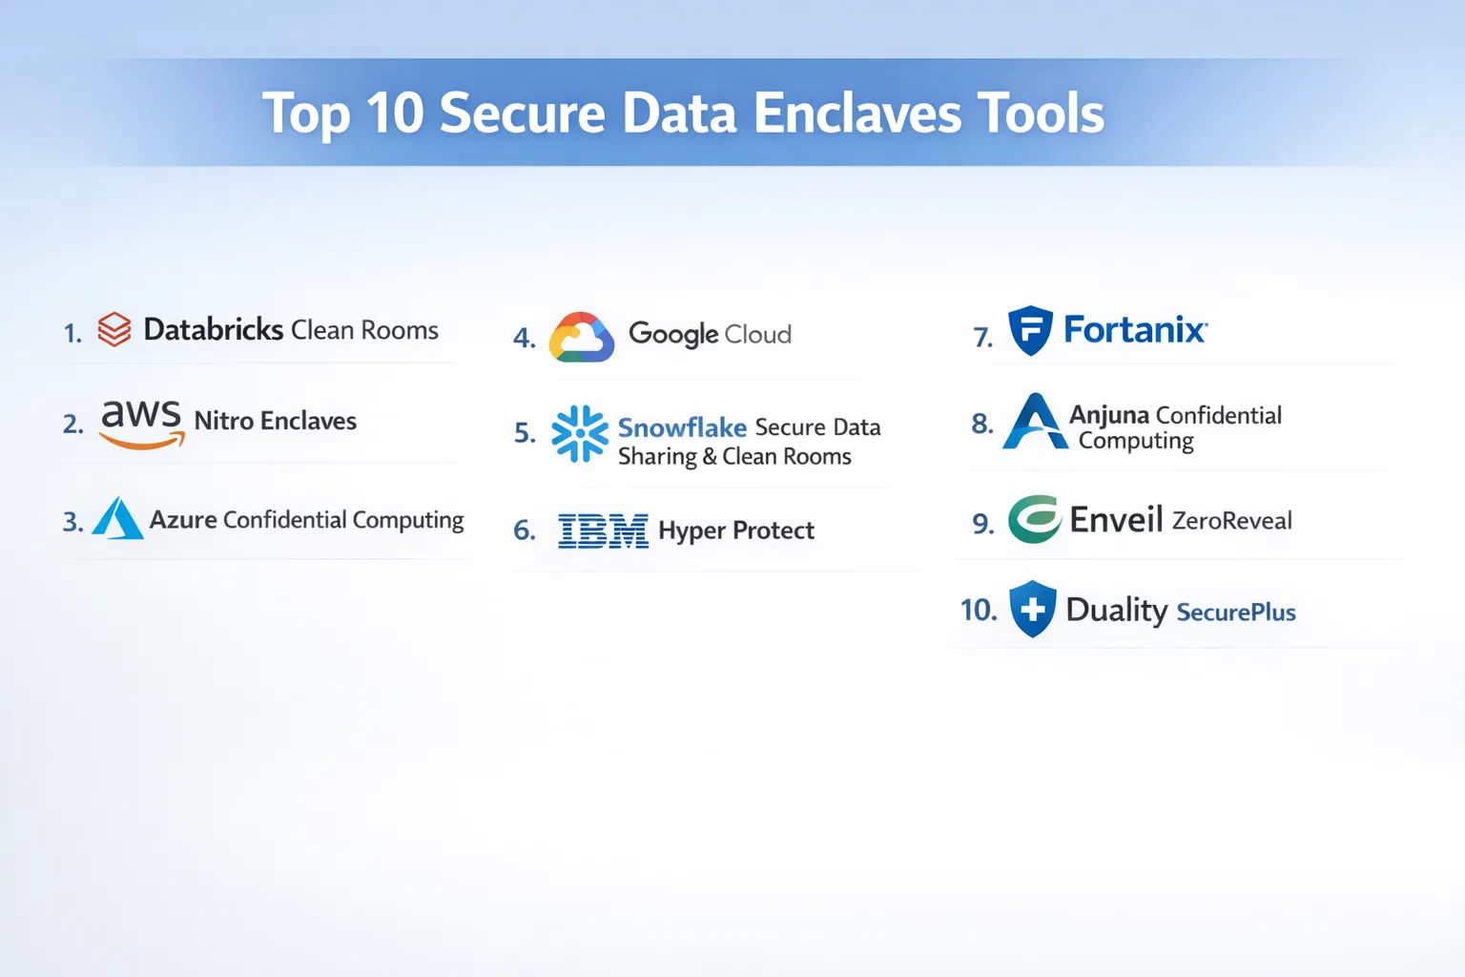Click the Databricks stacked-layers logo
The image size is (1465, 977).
click(114, 329)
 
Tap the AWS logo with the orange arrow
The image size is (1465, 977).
click(141, 424)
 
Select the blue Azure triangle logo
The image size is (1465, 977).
click(117, 518)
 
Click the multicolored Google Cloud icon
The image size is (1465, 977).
click(582, 337)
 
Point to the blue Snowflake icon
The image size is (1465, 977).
click(580, 434)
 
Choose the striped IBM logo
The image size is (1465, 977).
click(603, 530)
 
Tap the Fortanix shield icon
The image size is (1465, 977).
click(1031, 330)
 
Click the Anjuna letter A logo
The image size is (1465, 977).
click(1035, 421)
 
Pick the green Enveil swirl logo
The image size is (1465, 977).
click(1034, 520)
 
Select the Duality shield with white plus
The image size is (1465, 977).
click(1033, 609)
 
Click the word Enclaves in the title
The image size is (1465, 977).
click(857, 114)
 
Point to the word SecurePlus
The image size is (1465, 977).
click(1236, 613)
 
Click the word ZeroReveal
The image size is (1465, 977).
click(1232, 521)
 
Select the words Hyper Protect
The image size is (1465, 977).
click(736, 530)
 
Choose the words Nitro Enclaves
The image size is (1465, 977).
click(276, 421)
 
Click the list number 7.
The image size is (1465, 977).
click(983, 337)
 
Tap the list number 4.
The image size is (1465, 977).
click(525, 338)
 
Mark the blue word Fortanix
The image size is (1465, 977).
click(1135, 329)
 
